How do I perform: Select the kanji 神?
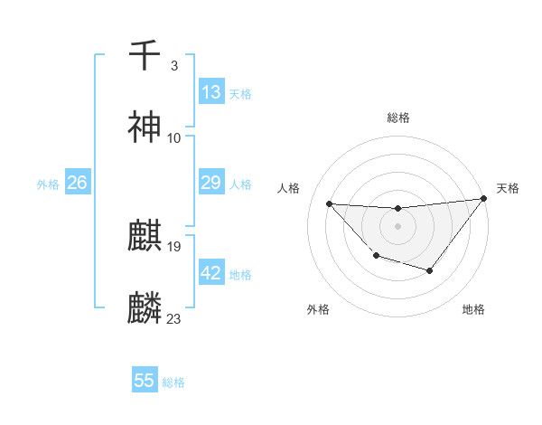(x=145, y=127)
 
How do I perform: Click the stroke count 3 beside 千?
(x=173, y=65)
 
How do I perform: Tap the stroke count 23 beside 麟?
(x=173, y=319)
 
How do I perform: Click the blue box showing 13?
(x=210, y=92)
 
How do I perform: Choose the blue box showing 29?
(x=210, y=183)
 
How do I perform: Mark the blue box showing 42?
(x=210, y=273)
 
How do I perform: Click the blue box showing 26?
(x=77, y=183)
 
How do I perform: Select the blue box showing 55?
(x=145, y=381)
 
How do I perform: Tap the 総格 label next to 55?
(x=174, y=382)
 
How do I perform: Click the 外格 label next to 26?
(x=48, y=184)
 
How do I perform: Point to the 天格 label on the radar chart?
(x=508, y=188)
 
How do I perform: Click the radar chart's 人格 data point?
(x=329, y=203)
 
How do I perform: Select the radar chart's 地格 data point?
(x=430, y=270)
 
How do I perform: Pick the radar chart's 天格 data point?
(x=484, y=198)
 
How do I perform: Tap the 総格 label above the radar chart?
(x=397, y=118)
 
